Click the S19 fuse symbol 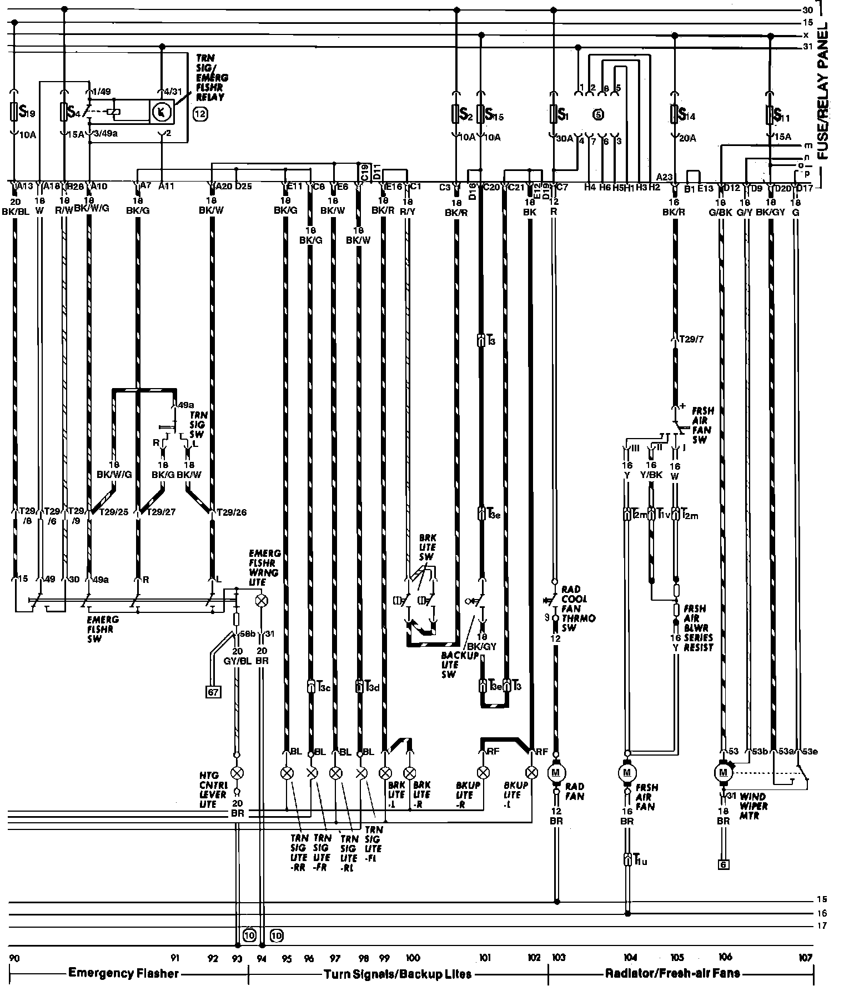pyautogui.click(x=15, y=113)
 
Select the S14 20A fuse pyautogui.click(x=675, y=115)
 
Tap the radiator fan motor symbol pyautogui.click(x=556, y=772)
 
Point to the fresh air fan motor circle pyautogui.click(x=627, y=772)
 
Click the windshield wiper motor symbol pyautogui.click(x=723, y=771)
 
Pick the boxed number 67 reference pyautogui.click(x=213, y=692)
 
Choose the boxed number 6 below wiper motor pyautogui.click(x=722, y=864)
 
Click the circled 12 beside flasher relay pyautogui.click(x=200, y=115)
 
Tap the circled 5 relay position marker pyautogui.click(x=598, y=114)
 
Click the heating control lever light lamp pyautogui.click(x=237, y=773)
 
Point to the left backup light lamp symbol pyautogui.click(x=532, y=772)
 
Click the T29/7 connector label pyautogui.click(x=692, y=339)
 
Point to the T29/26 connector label pyautogui.click(x=231, y=512)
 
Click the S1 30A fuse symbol pyautogui.click(x=554, y=115)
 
